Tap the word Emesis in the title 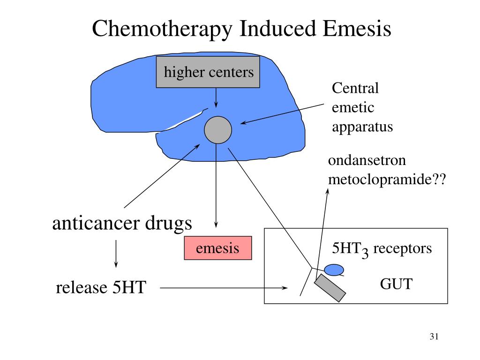(x=357, y=28)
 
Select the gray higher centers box (x=208, y=72)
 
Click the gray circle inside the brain (x=218, y=130)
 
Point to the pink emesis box (x=218, y=248)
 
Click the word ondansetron (x=367, y=160)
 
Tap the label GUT (x=396, y=284)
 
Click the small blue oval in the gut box (x=334, y=270)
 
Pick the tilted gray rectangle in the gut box (x=330, y=288)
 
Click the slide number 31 (x=434, y=337)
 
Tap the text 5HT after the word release (x=129, y=287)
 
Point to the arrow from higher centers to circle (x=216, y=97)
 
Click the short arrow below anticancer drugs (x=116, y=254)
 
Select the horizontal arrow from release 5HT (x=224, y=288)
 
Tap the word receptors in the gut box (x=403, y=248)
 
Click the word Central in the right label (x=355, y=88)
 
